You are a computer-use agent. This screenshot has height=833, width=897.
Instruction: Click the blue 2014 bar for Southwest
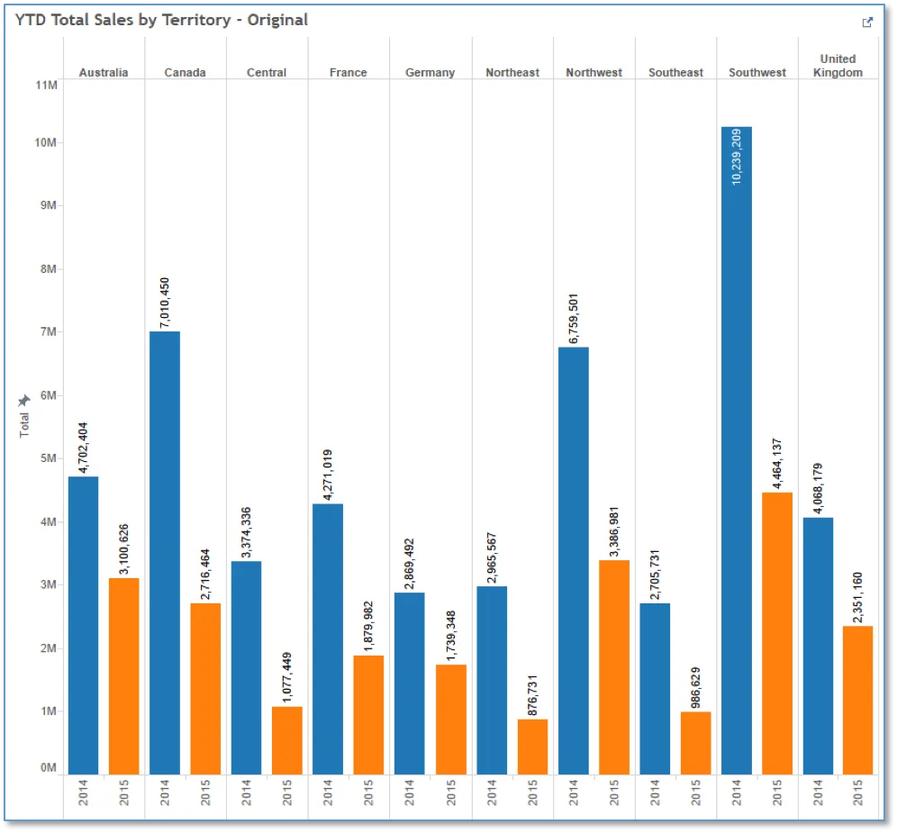click(737, 450)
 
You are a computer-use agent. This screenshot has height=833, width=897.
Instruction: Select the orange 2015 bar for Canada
click(205, 689)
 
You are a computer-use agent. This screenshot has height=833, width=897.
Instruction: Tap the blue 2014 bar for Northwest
click(573, 561)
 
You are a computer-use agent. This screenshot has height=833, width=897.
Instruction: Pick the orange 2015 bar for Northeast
click(532, 747)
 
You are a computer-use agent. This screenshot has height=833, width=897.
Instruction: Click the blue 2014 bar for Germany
click(410, 684)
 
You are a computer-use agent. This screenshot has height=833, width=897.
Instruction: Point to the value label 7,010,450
click(165, 303)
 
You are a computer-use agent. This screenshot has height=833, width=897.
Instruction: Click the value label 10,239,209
click(737, 157)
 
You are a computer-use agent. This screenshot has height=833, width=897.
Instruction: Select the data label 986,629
click(695, 687)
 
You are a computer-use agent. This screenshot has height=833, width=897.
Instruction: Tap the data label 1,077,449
click(286, 677)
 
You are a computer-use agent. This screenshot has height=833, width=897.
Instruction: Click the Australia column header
click(104, 73)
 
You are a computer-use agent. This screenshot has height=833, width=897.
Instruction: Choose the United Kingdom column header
click(838, 66)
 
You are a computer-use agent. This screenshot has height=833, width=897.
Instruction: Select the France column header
click(348, 73)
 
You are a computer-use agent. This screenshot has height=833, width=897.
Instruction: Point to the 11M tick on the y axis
click(46, 86)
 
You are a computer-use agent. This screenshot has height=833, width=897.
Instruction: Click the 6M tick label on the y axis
click(49, 395)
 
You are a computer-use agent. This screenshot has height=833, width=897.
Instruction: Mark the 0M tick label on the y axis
click(49, 768)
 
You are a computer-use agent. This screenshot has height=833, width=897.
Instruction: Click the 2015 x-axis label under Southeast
click(695, 792)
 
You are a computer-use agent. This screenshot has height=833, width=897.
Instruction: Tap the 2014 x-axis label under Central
click(246, 792)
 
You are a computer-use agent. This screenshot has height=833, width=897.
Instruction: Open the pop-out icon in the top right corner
click(867, 23)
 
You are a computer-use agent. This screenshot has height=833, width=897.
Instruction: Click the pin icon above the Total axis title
click(24, 400)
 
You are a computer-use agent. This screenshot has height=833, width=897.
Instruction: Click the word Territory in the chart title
click(196, 20)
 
